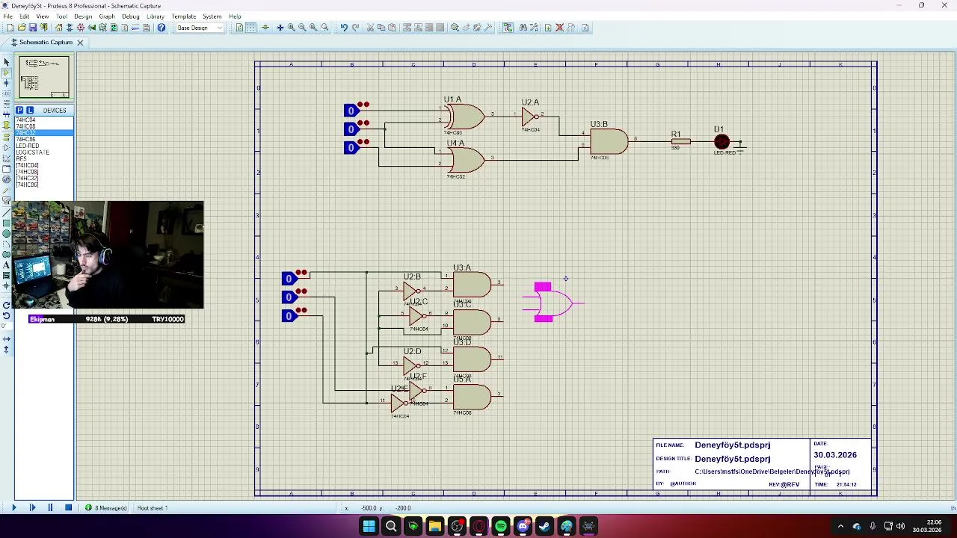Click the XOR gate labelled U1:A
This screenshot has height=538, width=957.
click(465, 117)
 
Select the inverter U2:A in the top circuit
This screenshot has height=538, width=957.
click(530, 117)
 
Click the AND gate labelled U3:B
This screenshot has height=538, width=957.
click(609, 141)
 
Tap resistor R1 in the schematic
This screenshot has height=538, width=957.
click(680, 141)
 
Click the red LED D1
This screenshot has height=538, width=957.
click(721, 142)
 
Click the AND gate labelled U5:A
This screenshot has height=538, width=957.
click(472, 397)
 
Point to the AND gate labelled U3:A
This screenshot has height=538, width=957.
click(472, 285)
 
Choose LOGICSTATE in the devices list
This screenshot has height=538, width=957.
click(33, 152)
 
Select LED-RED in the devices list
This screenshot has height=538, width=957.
click(28, 146)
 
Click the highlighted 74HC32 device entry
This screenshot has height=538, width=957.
click(26, 133)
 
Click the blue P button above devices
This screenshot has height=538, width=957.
click(19, 111)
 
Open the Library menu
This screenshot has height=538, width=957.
click(156, 16)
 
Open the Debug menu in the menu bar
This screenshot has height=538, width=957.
click(130, 16)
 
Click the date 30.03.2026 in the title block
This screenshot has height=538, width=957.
click(835, 455)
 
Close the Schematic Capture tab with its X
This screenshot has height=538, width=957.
click(80, 43)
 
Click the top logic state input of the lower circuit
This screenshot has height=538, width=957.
click(289, 279)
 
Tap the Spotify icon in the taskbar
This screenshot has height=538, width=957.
click(501, 527)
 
